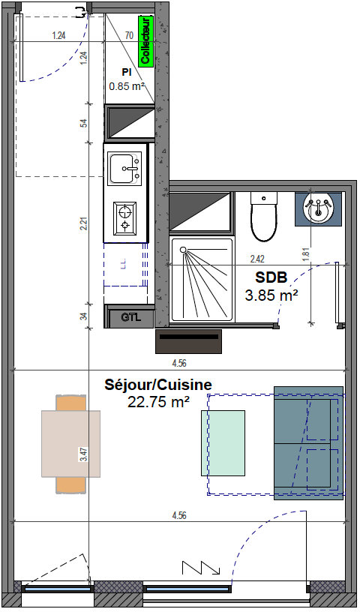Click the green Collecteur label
pos(146,41)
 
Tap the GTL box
pos(130,317)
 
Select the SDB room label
pos(271,277)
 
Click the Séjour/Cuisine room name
pos(157,385)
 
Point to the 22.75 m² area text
pos(157,402)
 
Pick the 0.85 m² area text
pos(127,86)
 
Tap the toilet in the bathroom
pos(263,216)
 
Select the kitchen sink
pos(124,168)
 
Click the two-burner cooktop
pos(124,218)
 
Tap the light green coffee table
pos(223,443)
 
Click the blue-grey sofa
pos(309,443)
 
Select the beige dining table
pos(71,443)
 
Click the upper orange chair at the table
pos(72,403)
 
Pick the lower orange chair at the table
pos(72,484)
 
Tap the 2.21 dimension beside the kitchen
pos(85,223)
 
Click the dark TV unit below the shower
pos(190,341)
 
